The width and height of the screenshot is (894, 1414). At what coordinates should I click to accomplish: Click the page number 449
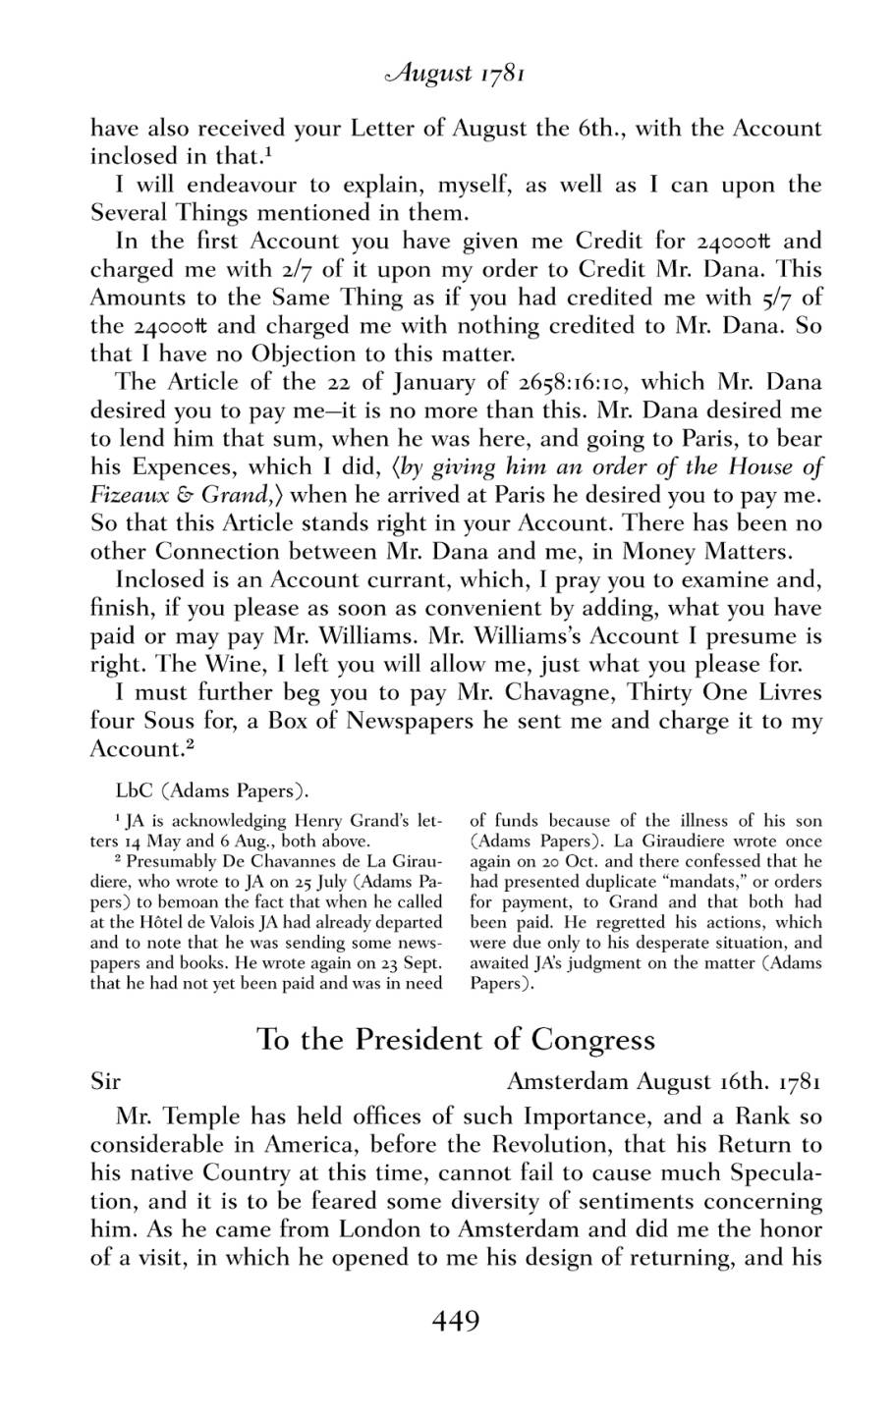point(455,1322)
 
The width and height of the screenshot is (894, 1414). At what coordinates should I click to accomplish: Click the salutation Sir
point(105,1082)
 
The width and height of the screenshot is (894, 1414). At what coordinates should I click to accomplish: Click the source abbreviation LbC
point(133,789)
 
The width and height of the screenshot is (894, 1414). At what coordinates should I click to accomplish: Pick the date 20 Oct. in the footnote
point(560,861)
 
